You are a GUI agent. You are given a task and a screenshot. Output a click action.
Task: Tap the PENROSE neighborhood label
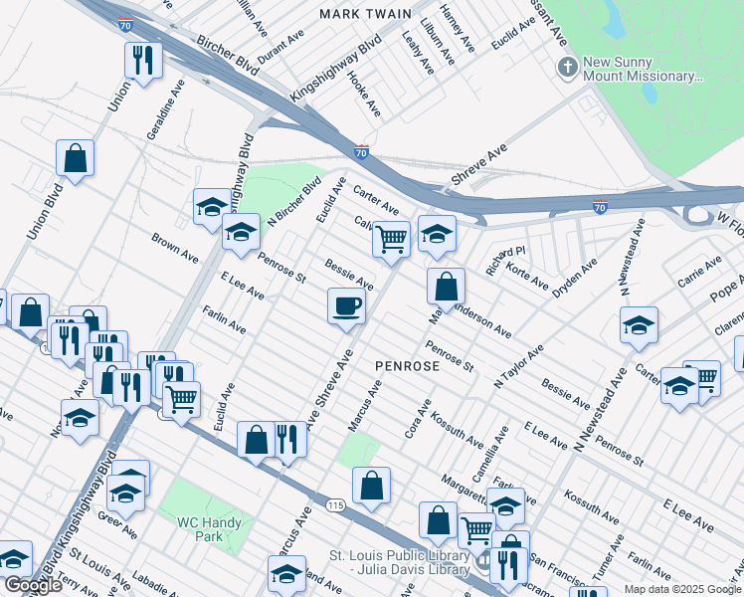pyautogui.click(x=407, y=366)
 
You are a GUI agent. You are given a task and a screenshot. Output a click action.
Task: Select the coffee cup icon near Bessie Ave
pyautogui.click(x=346, y=305)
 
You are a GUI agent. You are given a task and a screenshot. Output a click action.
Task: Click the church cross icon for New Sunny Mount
pyautogui.click(x=567, y=68)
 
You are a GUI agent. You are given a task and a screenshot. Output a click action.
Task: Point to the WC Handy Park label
pyautogui.click(x=215, y=528)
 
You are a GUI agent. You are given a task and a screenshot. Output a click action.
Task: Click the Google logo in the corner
pyautogui.click(x=33, y=585)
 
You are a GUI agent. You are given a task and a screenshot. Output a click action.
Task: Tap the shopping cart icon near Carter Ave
pyautogui.click(x=391, y=239)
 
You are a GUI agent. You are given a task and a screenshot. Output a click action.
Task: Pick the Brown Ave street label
pyautogui.click(x=175, y=249)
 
